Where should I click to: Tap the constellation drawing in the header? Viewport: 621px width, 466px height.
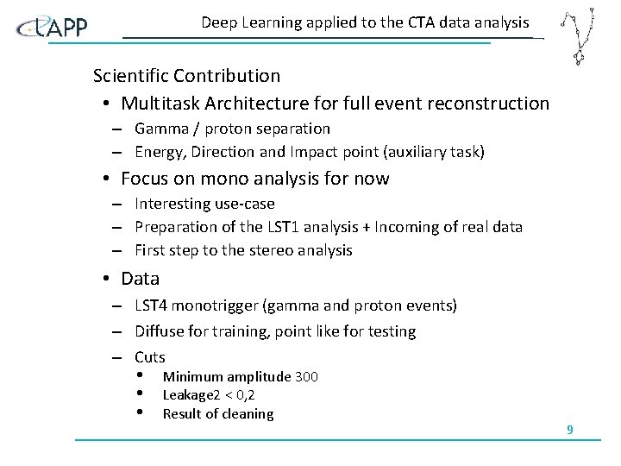click(x=576, y=36)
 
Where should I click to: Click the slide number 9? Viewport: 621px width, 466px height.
click(x=570, y=429)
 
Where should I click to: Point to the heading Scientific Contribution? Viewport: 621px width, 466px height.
click(x=186, y=76)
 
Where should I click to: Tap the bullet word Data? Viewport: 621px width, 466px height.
click(x=140, y=279)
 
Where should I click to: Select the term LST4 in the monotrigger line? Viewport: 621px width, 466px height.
click(x=152, y=305)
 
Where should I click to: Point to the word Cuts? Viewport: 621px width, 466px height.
click(x=149, y=356)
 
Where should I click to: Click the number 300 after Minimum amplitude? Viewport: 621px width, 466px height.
click(x=306, y=376)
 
